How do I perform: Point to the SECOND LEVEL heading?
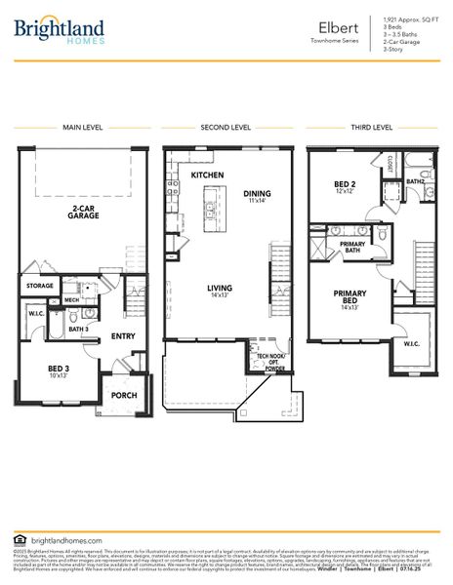[x=226, y=128]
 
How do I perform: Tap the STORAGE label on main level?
[x=40, y=286]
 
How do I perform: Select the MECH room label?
[x=71, y=299]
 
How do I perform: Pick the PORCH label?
[x=124, y=395]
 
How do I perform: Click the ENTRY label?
[x=123, y=336]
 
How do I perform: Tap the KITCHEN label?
[x=207, y=175]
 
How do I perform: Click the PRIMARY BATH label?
[x=351, y=248]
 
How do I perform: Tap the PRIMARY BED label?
[x=350, y=295]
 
